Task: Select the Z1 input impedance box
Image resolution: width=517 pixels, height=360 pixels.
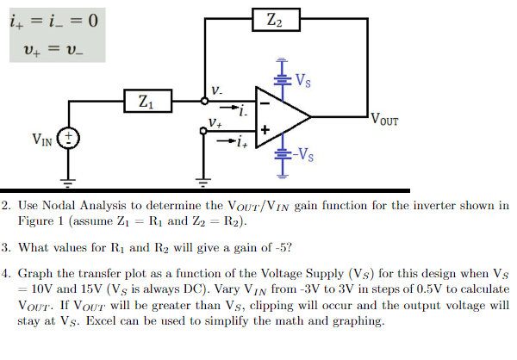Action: (x=146, y=102)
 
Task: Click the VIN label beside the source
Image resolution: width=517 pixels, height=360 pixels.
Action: (x=42, y=139)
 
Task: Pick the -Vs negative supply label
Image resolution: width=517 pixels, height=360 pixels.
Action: (x=304, y=156)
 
